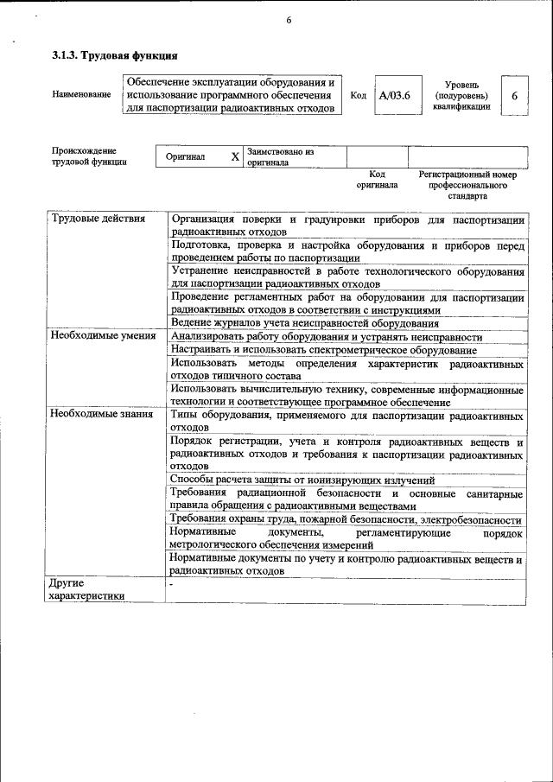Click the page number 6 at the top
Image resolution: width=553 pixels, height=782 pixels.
pos(289,22)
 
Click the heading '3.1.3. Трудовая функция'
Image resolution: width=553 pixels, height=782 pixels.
pos(114,56)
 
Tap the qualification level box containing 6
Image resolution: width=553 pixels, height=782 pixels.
pos(514,95)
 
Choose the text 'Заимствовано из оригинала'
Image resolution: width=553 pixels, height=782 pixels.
pos(280,156)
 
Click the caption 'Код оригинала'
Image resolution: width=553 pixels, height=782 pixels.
pos(377,179)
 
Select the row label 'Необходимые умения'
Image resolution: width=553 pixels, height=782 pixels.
pos(103,336)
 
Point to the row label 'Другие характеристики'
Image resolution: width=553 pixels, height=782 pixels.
pos(86,589)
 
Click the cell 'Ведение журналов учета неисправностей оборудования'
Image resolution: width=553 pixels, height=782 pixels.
pos(305,323)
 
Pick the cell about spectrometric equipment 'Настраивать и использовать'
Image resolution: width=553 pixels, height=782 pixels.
pos(323,350)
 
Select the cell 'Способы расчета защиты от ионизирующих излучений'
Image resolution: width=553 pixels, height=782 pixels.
pos(302,480)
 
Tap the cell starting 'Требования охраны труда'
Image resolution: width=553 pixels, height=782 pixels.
pos(346,519)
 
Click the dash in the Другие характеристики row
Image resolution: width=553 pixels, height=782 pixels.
pos(172,584)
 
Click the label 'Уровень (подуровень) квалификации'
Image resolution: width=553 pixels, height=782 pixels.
pos(461,95)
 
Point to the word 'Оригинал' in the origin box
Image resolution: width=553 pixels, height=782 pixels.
pos(186,157)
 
